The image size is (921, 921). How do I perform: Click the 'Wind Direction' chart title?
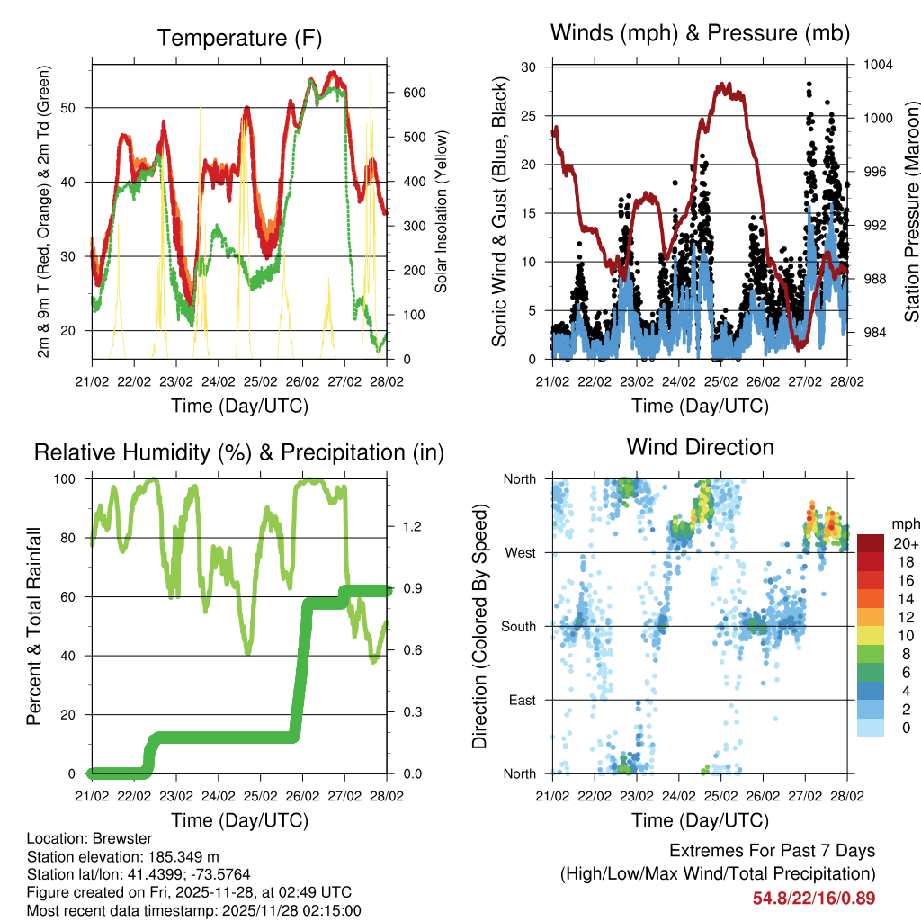(700, 446)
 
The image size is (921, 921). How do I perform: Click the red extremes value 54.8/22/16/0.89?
(814, 898)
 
